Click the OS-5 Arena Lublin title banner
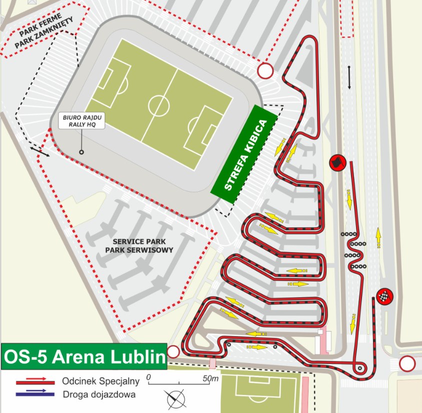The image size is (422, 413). coord(84,357)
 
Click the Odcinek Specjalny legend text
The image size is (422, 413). coord(100,381)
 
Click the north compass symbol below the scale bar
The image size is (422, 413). coord(176,398)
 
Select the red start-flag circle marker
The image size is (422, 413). coord(337,162)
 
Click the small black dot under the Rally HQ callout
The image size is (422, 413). coord(81,152)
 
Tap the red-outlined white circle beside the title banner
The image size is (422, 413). coord(173,352)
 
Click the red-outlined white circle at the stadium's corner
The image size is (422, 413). coord(265,71)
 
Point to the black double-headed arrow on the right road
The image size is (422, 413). coord(349,77)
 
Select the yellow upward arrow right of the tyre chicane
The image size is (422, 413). coord(378,238)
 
